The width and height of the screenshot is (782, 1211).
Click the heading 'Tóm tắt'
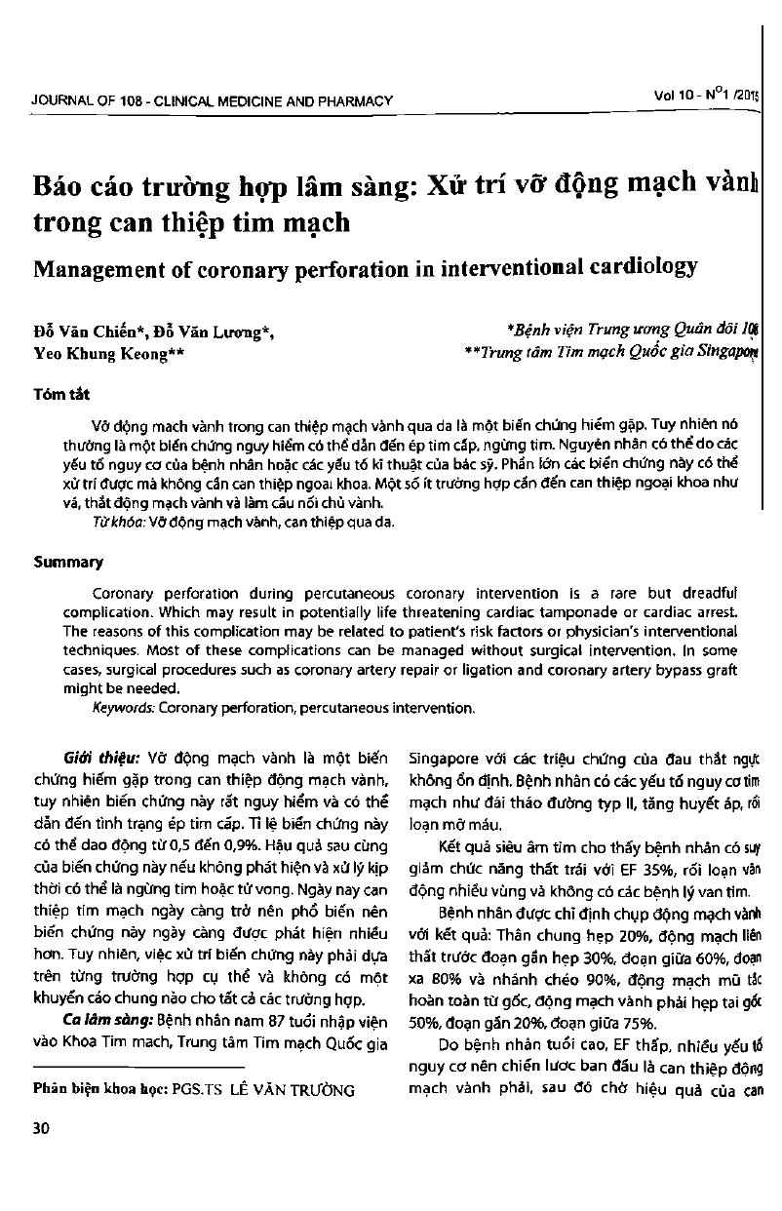pyautogui.click(x=60, y=394)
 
